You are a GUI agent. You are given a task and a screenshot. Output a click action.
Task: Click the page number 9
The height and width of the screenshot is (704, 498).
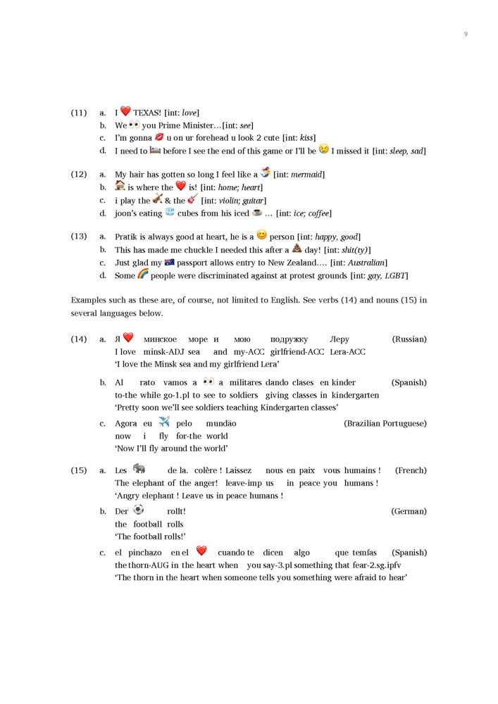466,34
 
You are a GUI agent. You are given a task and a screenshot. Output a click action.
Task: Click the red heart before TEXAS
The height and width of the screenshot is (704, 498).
125,111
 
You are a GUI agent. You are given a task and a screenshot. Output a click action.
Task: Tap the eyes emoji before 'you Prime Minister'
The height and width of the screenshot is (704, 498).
135,124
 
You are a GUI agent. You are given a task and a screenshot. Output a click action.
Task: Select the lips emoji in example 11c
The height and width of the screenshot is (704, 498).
159,137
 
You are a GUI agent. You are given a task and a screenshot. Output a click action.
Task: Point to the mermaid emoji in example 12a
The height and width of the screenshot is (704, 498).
265,172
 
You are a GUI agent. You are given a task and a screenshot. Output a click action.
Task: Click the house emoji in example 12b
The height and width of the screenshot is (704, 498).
120,186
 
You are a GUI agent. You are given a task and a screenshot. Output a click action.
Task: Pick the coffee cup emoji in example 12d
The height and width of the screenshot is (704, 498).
257,212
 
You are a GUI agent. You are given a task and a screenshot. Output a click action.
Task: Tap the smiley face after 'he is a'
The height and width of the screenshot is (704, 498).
261,236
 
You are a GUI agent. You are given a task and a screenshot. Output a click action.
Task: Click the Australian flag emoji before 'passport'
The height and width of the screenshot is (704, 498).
169,262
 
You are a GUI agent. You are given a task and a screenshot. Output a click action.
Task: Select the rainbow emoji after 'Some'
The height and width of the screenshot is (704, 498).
142,275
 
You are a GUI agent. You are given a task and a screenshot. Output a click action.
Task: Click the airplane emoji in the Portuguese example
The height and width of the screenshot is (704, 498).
164,422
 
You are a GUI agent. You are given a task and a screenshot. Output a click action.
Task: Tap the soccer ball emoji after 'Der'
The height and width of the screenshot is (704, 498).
138,510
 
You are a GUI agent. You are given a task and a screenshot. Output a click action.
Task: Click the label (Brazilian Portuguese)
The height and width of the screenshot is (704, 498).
385,424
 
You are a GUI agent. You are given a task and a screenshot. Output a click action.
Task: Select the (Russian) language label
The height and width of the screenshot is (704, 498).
409,339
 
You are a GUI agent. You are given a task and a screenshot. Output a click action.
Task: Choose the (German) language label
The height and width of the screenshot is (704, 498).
409,512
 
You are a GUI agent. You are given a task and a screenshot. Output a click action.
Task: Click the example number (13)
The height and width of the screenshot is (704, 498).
78,237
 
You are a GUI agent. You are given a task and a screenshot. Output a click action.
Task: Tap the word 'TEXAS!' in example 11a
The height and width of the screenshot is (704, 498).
147,113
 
